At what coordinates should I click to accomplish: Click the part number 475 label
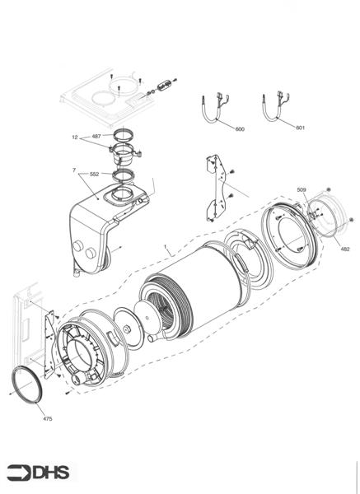pos(47,419)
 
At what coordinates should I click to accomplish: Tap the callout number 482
pos(344,248)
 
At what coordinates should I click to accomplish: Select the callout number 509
pos(302,190)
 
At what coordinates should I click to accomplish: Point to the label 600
pos(240,129)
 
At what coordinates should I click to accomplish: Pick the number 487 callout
pos(96,137)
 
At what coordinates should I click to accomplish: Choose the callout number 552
pos(94,175)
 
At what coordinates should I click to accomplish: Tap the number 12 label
pos(74,137)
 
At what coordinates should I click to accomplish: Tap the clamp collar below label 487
pos(124,153)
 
